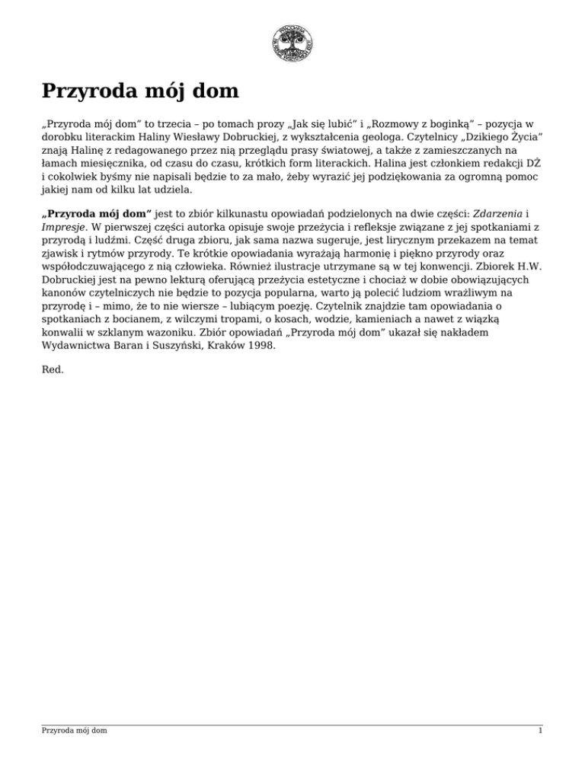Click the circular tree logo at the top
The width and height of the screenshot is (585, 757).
(x=292, y=43)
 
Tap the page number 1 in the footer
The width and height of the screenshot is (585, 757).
(x=539, y=730)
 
